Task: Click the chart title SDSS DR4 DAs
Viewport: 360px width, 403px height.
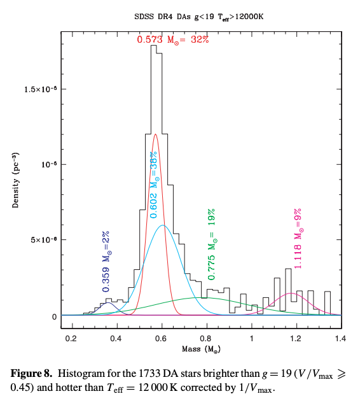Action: (162, 17)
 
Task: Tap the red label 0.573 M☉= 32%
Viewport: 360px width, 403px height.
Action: (173, 39)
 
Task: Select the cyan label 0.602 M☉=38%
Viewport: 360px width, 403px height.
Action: (153, 185)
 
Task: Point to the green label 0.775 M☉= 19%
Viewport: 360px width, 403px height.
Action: (212, 244)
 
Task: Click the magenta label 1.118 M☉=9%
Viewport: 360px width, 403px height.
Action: (298, 239)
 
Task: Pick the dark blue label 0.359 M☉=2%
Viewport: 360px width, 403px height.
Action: (106, 262)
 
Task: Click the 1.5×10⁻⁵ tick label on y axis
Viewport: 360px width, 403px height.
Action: (41, 89)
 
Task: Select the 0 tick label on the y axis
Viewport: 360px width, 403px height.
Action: (54, 317)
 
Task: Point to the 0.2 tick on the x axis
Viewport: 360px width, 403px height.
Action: (71, 339)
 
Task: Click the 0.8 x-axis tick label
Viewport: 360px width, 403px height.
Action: (205, 339)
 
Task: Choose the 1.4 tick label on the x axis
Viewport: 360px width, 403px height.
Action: (340, 339)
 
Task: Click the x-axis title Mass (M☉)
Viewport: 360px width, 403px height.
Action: (202, 349)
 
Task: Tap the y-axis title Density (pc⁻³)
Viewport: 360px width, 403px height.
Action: (15, 180)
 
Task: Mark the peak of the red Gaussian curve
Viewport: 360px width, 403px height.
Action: (155, 134)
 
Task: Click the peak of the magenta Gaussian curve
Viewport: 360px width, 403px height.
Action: (291, 293)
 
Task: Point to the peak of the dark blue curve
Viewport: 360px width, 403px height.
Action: (108, 303)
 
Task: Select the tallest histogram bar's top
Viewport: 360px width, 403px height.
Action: (153, 45)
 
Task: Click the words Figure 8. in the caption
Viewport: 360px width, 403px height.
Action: (31, 374)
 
